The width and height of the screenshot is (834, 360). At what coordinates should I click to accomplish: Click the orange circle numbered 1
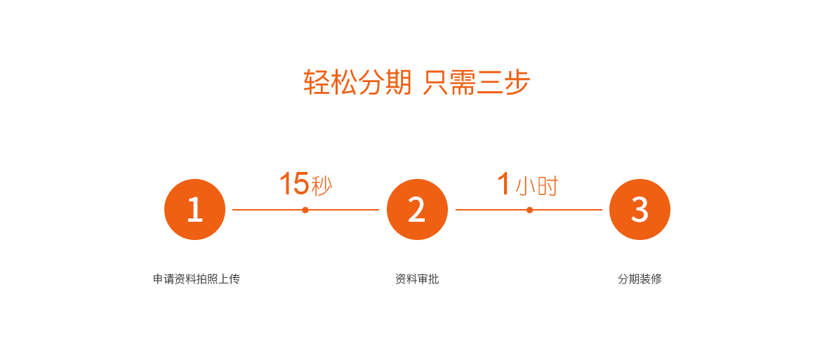coord(194,210)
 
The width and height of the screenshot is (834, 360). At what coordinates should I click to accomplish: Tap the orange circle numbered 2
coord(417,210)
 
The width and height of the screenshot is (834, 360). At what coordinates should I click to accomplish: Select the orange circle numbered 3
coord(640,210)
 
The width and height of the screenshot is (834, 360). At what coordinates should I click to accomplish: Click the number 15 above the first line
coord(294,183)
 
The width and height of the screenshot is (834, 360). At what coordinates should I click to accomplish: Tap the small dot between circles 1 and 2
coord(305,210)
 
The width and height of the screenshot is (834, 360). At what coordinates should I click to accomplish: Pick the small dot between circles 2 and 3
coord(529,210)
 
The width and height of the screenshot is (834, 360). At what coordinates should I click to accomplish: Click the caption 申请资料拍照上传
coord(197,279)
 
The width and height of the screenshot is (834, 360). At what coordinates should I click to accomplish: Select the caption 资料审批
coord(417,279)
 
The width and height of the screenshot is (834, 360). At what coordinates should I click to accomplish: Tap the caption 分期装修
coord(640,279)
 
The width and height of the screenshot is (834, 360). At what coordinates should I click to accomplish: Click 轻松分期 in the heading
coord(358,82)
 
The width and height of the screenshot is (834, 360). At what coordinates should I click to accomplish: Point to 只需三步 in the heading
coord(477,82)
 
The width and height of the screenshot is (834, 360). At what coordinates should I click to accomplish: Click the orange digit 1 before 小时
coord(503,183)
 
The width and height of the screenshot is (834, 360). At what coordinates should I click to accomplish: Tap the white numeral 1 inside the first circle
coord(195,210)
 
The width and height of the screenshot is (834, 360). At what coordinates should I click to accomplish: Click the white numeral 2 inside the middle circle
coord(416,210)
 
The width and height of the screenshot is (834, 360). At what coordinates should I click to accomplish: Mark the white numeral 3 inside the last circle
coord(640,210)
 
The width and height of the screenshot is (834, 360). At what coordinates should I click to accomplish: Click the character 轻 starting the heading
coord(317,82)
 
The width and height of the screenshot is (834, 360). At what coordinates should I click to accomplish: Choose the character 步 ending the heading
coord(517,82)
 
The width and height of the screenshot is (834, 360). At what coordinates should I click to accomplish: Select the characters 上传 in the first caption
coord(230,279)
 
